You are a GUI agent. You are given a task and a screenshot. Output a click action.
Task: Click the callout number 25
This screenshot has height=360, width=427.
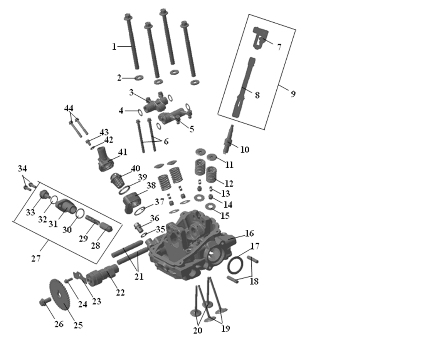click(78, 325)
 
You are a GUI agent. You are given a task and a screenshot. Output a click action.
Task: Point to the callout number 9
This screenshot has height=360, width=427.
click(293, 94)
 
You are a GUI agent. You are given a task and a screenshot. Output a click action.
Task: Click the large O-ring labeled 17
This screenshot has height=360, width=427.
click(235, 265)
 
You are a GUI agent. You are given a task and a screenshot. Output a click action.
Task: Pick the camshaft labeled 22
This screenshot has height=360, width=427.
click(103, 273)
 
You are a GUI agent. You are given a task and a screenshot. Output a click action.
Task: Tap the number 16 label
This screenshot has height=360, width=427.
click(249, 233)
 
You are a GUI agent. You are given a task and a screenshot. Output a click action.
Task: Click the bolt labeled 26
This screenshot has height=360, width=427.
click(45, 301)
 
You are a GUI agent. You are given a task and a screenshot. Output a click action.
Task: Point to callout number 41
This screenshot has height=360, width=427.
click(123, 152)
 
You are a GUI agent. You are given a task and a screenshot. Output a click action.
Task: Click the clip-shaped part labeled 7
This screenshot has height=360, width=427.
click(261, 38)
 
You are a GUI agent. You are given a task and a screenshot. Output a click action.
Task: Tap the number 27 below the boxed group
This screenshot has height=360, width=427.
click(36, 258)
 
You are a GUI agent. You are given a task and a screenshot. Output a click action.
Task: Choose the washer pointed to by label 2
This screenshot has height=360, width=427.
click(139, 78)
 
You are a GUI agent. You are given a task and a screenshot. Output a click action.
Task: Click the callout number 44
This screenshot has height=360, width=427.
click(69, 108)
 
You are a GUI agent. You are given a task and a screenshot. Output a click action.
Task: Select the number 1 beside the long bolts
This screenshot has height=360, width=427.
click(114, 47)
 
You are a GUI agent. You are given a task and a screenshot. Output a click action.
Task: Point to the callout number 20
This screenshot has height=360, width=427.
click(198, 330)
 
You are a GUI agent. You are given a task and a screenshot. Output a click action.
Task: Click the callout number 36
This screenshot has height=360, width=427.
click(155, 218)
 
